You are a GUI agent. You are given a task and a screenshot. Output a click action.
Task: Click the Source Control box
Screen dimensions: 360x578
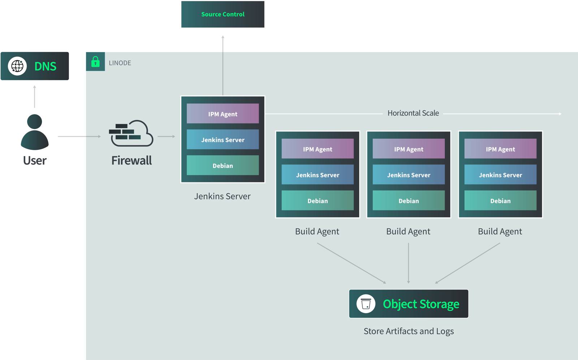223,14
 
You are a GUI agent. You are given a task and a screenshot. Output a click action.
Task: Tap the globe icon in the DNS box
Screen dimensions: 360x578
17,66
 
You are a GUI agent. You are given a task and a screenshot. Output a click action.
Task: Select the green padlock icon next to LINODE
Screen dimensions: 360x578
95,62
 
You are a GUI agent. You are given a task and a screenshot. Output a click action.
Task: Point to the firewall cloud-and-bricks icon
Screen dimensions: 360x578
131,133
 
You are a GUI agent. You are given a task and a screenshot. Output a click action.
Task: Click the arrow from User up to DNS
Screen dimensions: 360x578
35,96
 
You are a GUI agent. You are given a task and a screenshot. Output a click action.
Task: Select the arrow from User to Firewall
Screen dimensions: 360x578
79,136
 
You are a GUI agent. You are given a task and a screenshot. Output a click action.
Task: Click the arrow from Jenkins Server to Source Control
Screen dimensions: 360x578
223,65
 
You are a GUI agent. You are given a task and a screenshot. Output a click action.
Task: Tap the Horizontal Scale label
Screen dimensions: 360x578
413,113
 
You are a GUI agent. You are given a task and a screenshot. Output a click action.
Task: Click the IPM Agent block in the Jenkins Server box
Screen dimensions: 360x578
223,114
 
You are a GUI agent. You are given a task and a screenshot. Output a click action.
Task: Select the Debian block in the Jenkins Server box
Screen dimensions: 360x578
223,165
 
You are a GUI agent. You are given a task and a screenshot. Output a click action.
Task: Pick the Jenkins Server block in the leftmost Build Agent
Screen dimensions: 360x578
318,175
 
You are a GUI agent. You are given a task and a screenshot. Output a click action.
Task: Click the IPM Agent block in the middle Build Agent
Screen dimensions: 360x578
409,149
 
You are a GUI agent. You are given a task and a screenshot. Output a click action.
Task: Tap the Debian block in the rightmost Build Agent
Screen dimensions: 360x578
500,200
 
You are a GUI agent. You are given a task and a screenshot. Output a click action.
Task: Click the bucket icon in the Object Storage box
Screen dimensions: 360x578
366,304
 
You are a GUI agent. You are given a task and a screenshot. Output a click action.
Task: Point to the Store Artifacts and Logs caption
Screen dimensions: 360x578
409,331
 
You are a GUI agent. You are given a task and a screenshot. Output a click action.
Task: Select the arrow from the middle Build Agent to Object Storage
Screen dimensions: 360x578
409,263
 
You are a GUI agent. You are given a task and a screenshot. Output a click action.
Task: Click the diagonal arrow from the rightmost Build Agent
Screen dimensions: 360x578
467,263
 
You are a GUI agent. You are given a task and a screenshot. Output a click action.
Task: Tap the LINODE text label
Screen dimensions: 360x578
120,63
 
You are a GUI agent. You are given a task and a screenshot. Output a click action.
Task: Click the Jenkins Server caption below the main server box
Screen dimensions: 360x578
222,196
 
